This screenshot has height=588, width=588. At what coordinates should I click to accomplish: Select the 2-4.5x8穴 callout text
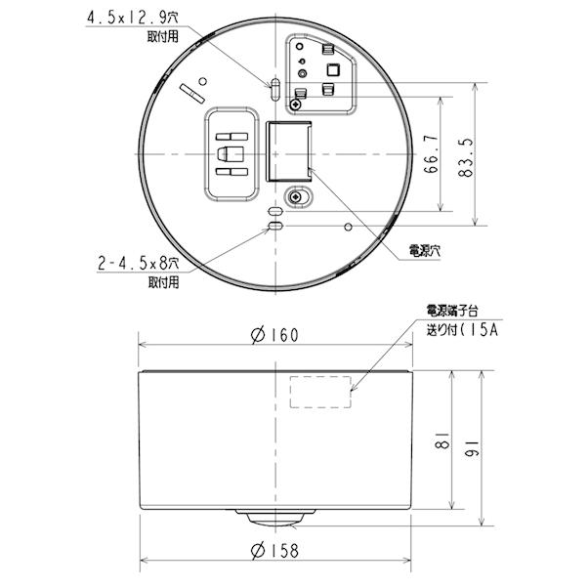click(137, 264)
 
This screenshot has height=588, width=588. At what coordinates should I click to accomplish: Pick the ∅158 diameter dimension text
click(274, 550)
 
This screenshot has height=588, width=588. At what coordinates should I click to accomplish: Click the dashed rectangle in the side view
click(320, 393)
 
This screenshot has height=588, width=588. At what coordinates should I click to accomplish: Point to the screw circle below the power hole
click(292, 196)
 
